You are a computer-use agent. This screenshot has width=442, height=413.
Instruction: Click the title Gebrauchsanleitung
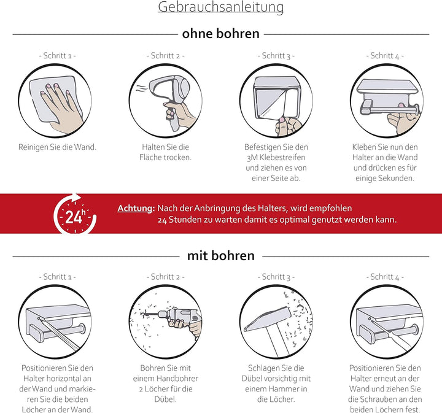[221, 7]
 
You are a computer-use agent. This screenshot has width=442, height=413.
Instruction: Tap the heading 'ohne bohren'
[221, 34]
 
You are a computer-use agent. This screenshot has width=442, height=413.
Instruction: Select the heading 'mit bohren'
[221, 256]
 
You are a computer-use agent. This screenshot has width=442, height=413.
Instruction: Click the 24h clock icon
[75, 214]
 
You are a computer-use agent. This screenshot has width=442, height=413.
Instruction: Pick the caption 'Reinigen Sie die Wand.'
[57, 147]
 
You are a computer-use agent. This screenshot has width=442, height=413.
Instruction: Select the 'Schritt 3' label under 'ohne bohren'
[276, 55]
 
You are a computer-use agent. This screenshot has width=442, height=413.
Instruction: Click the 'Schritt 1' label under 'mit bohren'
[57, 277]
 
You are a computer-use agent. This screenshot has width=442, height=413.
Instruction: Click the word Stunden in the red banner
[185, 220]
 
